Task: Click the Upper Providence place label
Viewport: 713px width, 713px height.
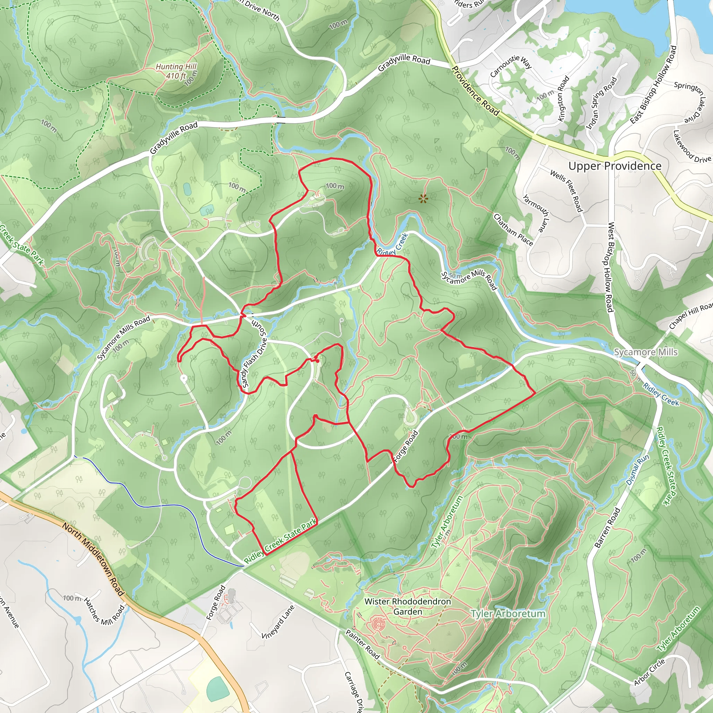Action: [615, 166]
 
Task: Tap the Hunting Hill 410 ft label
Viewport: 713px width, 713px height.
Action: [176, 71]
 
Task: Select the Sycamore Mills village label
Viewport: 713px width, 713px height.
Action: [645, 352]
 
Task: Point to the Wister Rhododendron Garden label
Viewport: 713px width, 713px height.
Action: [407, 606]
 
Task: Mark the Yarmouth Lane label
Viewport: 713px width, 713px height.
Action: [536, 214]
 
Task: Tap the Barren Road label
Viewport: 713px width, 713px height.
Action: [608, 527]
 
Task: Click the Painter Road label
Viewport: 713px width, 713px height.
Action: [362, 644]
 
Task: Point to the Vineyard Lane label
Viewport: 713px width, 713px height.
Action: [278, 622]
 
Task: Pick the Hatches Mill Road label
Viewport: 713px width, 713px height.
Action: [104, 611]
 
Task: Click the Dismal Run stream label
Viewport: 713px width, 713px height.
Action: [637, 470]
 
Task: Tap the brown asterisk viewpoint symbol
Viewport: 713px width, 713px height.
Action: [423, 199]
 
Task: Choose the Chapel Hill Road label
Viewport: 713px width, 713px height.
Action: [690, 315]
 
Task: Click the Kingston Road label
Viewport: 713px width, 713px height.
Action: [564, 99]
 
